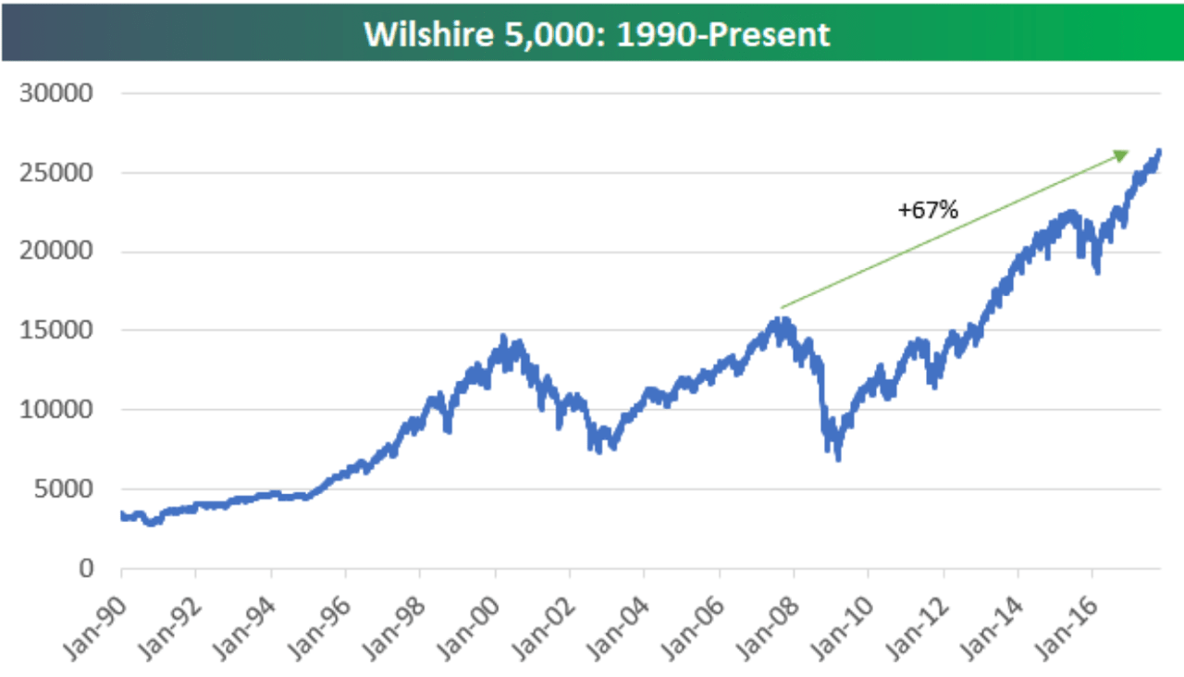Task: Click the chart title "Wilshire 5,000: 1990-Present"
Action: [x=597, y=33]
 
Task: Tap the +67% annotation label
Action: [x=928, y=210]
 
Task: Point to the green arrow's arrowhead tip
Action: [x=1129, y=153]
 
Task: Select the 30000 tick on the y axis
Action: [x=58, y=93]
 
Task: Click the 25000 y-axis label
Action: [x=58, y=173]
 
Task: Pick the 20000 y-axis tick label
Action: [x=58, y=252]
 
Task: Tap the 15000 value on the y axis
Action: [x=58, y=331]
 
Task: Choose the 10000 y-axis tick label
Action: [x=58, y=410]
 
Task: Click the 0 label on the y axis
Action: [x=85, y=568]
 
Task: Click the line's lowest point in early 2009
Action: [x=839, y=459]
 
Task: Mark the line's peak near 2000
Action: [x=503, y=337]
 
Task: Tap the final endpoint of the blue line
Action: [x=1159, y=151]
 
